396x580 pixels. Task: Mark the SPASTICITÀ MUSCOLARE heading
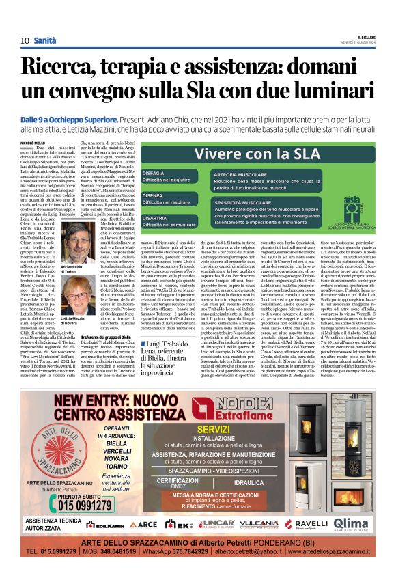tap(242, 203)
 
